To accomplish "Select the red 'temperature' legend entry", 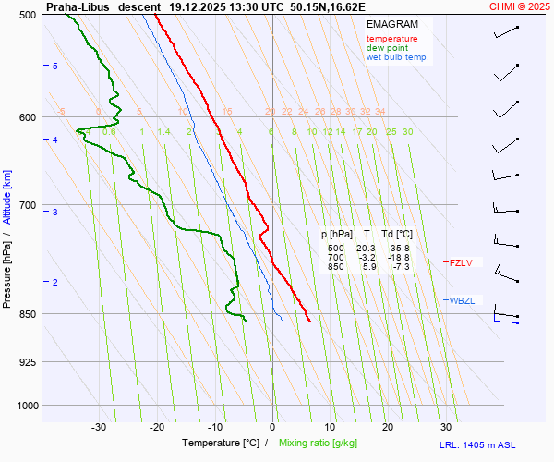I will pos(391,39).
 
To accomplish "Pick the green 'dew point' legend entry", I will pos(387,48).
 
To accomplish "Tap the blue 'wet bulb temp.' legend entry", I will pos(397,57).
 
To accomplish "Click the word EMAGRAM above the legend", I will pos(391,24).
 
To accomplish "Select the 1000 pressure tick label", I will pos(27,405).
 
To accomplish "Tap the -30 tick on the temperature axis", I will pos(99,427).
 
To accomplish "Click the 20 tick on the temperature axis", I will pos(388,427).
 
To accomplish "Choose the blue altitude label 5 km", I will pos(55,66).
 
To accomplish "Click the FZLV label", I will pos(460,263).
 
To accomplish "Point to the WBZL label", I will pos(462,300).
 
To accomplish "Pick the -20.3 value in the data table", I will pos(366,249).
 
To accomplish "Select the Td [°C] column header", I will pos(399,235).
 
